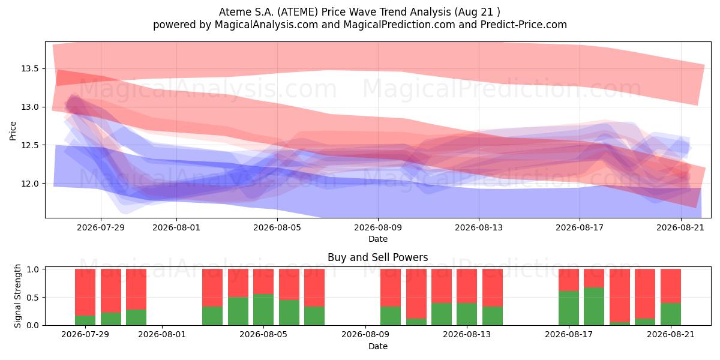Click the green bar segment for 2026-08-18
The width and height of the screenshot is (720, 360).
click(594, 307)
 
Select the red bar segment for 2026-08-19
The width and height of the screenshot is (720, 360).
click(620, 296)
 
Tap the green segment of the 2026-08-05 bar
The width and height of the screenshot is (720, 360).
click(263, 310)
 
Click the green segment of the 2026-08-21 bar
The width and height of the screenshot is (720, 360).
click(671, 314)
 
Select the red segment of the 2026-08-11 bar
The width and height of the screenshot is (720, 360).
click(416, 294)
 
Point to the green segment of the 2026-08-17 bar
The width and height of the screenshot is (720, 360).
click(569, 308)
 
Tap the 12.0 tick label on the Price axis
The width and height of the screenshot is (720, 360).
click(30, 184)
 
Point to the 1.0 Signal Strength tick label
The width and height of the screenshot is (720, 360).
click(32, 269)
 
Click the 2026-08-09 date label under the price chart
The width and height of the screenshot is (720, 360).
click(378, 227)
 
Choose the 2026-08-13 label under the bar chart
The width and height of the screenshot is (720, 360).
click(467, 335)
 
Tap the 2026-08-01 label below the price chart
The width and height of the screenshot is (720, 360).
click(176, 227)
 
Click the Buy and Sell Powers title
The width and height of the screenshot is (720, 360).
click(377, 257)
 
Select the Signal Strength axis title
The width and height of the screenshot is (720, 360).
click(17, 296)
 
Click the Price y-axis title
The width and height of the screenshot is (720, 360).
click(13, 131)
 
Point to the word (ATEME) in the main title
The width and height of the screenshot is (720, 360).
click(298, 12)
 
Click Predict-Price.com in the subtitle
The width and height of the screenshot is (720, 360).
click(524, 25)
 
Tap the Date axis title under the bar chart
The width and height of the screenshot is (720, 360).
click(378, 346)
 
